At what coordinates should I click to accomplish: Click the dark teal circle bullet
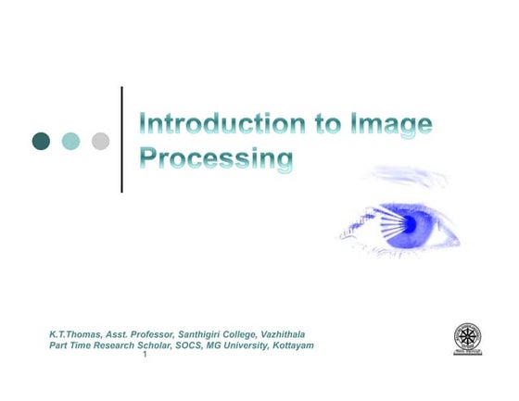(x=41, y=141)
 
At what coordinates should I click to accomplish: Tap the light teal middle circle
(x=70, y=141)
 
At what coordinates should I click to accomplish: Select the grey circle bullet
(x=100, y=141)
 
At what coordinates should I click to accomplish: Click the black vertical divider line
(x=121, y=139)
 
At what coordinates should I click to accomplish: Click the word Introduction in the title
(x=216, y=124)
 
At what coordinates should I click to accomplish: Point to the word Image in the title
(x=390, y=124)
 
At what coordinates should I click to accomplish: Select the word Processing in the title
(x=215, y=158)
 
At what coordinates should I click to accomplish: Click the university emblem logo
(x=467, y=339)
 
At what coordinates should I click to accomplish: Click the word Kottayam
(x=285, y=345)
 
